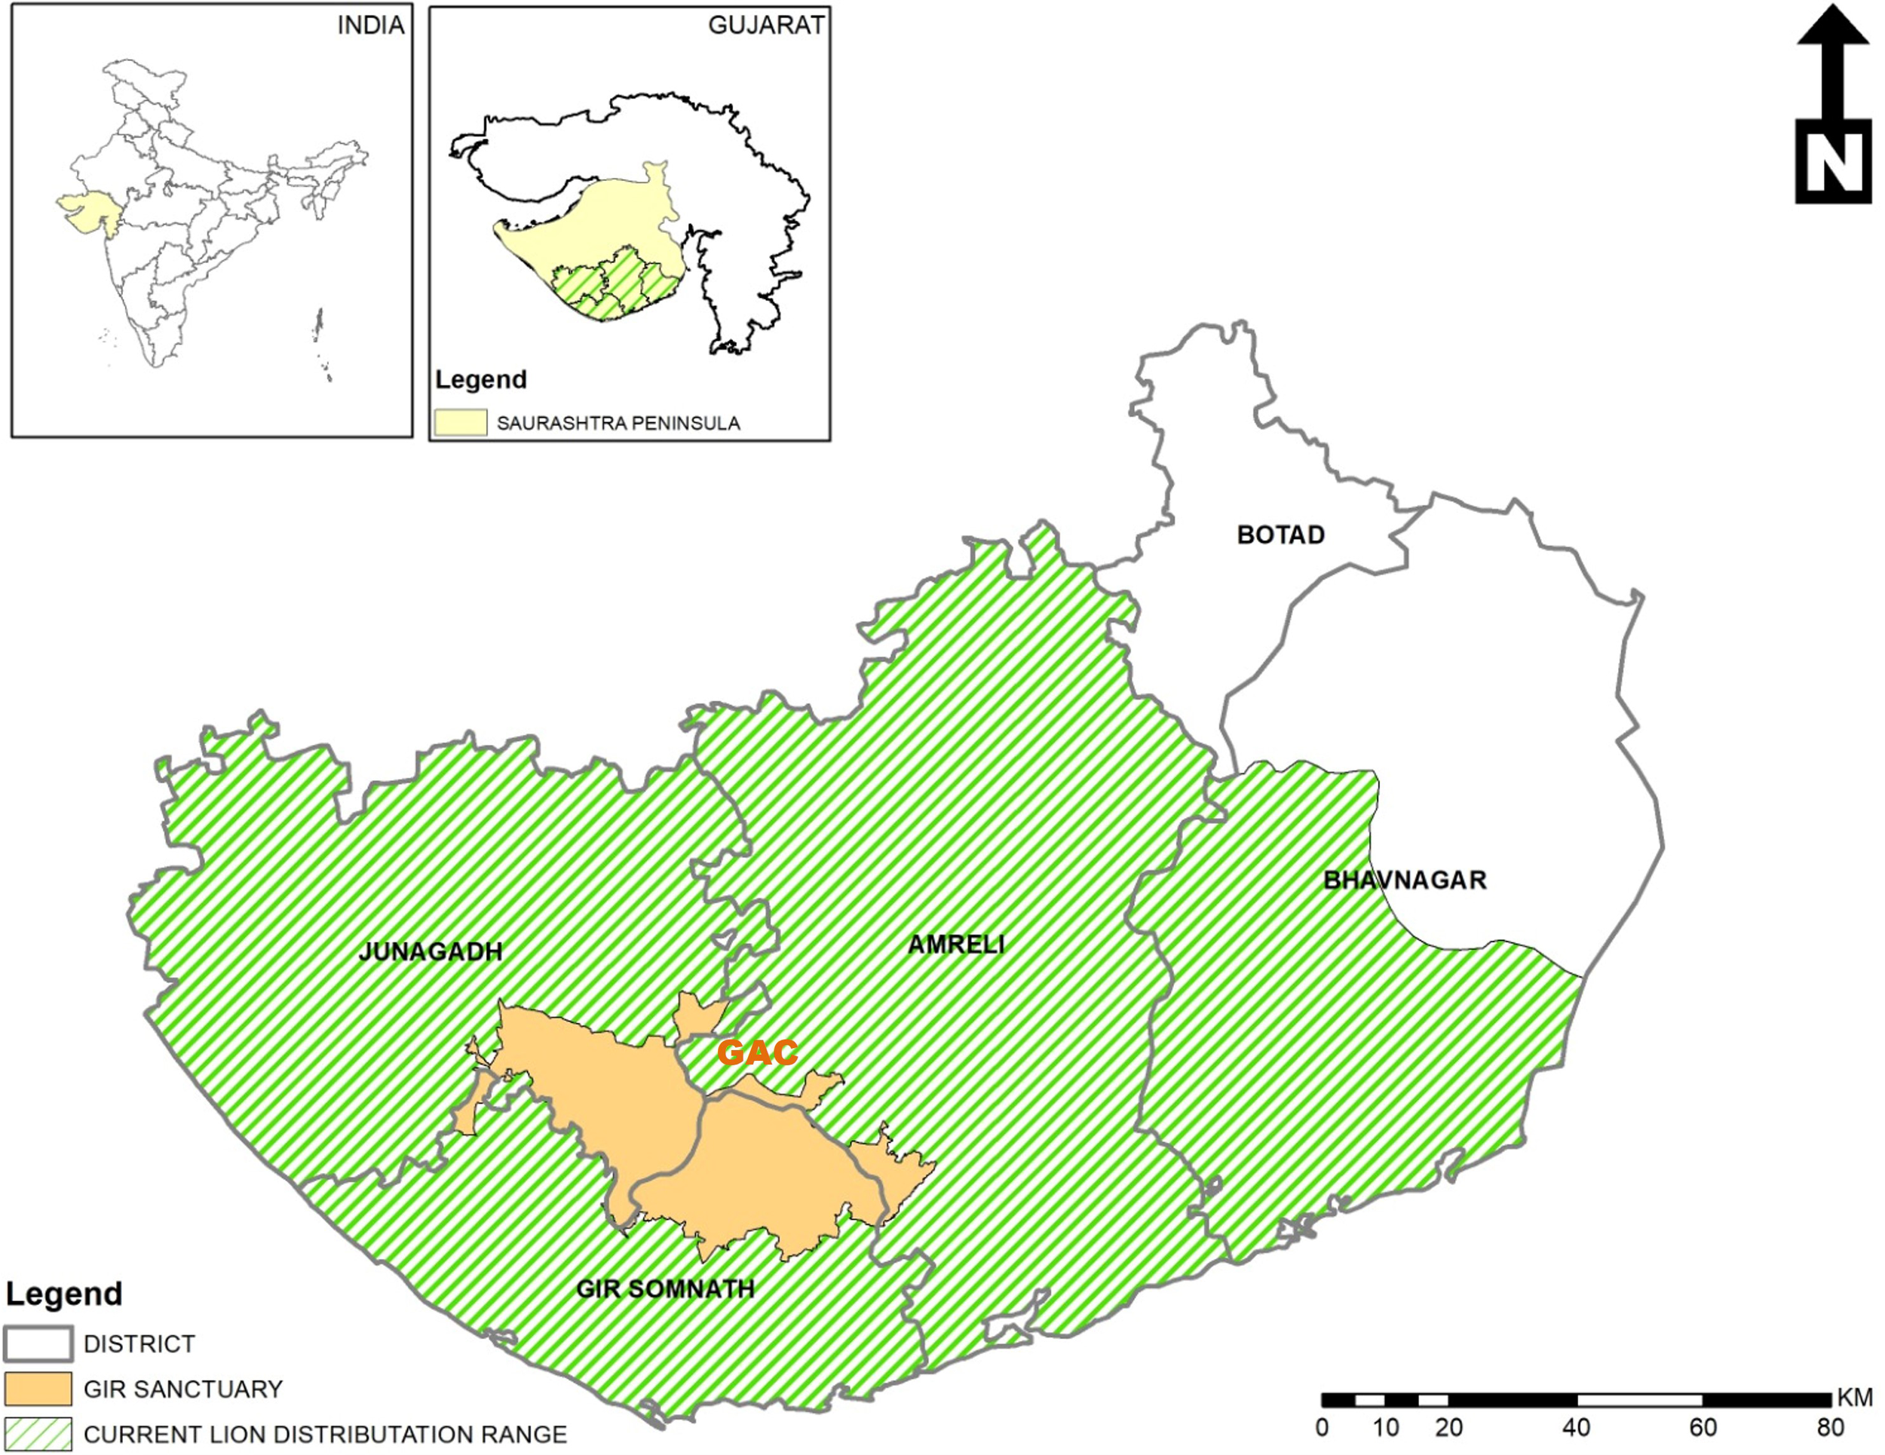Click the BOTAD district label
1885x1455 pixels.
[x=1280, y=535]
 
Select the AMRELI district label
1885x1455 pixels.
[x=955, y=944]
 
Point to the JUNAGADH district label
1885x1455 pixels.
[x=430, y=952]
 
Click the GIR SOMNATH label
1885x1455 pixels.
[x=664, y=1288]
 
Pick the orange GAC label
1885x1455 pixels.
[x=757, y=1052]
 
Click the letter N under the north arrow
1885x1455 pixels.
[x=1833, y=161]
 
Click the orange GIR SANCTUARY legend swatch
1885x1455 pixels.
[x=38, y=1389]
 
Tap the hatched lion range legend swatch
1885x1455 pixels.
[x=38, y=1433]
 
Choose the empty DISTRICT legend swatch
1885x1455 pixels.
[x=38, y=1343]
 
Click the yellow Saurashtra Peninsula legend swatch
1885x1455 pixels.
[x=460, y=423]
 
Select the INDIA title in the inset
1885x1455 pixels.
[x=370, y=26]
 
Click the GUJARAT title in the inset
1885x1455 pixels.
[x=765, y=26]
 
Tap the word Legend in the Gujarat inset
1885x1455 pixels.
[x=481, y=380]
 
